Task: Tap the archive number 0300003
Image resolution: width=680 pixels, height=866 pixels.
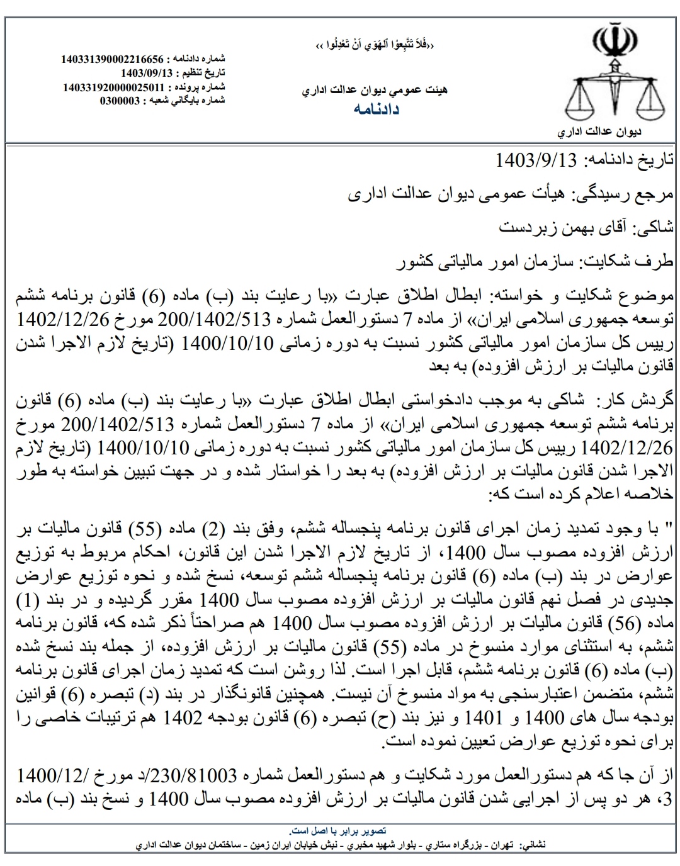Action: (120, 100)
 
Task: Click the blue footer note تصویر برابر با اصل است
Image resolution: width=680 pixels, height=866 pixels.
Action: (340, 830)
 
